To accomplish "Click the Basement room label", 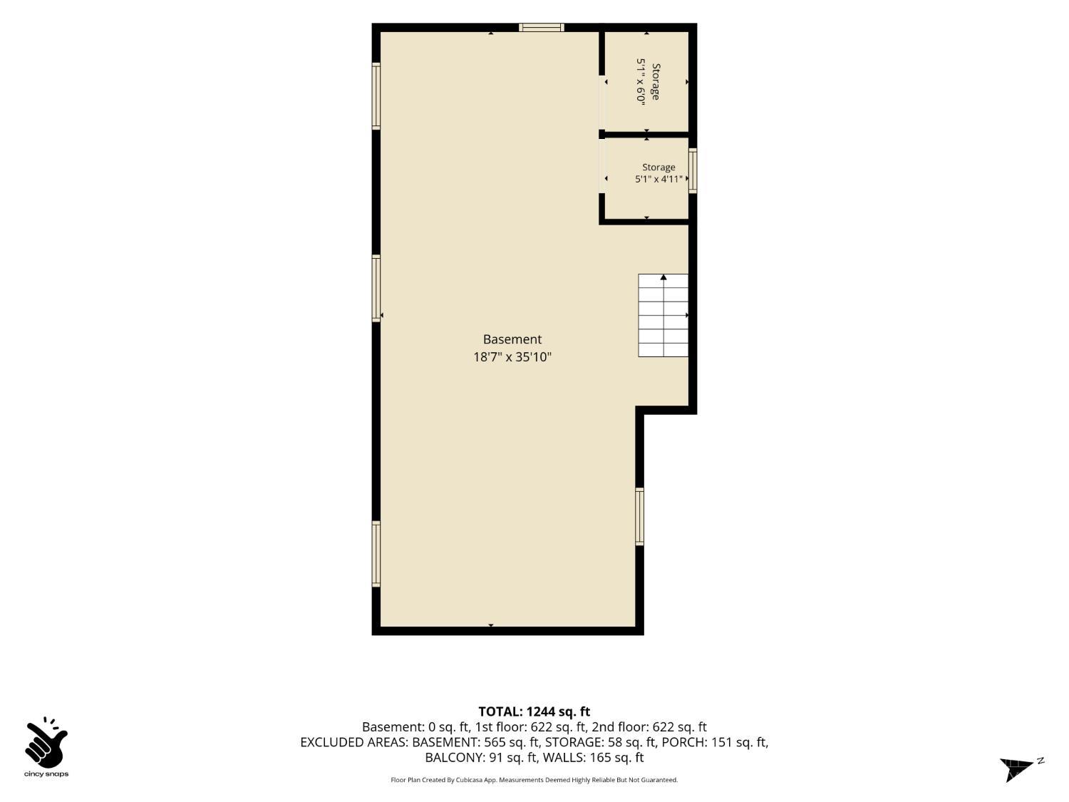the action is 512,339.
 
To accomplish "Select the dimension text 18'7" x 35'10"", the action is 512,357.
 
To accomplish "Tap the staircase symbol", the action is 663,316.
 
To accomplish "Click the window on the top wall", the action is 541,27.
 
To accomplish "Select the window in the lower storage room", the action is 693,171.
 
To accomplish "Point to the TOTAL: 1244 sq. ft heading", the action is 534,712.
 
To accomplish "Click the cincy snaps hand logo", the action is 46,743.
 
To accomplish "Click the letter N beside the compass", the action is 1040,761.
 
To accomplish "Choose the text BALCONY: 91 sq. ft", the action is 482,758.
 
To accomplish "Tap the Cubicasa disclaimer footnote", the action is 534,780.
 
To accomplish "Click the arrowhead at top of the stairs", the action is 663,277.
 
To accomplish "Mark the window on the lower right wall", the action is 639,517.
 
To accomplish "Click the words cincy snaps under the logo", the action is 46,774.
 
